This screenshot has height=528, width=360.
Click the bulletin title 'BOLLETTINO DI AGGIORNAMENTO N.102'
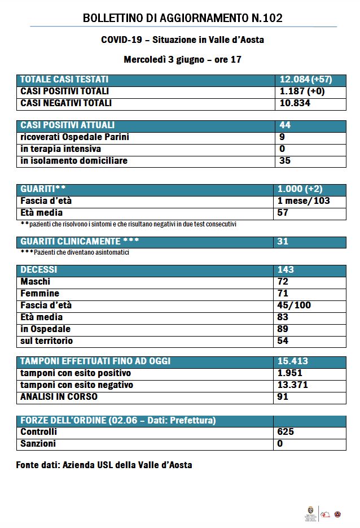182,19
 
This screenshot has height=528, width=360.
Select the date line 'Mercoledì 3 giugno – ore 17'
182,59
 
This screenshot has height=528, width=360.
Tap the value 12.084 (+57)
306,80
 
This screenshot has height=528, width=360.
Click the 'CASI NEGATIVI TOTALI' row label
66,103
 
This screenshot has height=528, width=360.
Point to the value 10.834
295,103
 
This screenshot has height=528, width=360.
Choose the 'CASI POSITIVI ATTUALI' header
67,125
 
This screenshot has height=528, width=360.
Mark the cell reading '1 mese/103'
304,201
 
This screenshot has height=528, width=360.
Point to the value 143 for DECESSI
286,270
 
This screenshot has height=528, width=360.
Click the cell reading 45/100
294,306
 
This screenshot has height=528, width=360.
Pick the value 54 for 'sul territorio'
283,341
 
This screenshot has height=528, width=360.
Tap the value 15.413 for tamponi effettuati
294,361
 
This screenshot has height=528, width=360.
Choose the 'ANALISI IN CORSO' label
59,397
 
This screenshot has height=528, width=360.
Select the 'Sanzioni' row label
38,444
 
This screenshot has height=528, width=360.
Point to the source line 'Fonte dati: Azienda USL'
104,465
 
